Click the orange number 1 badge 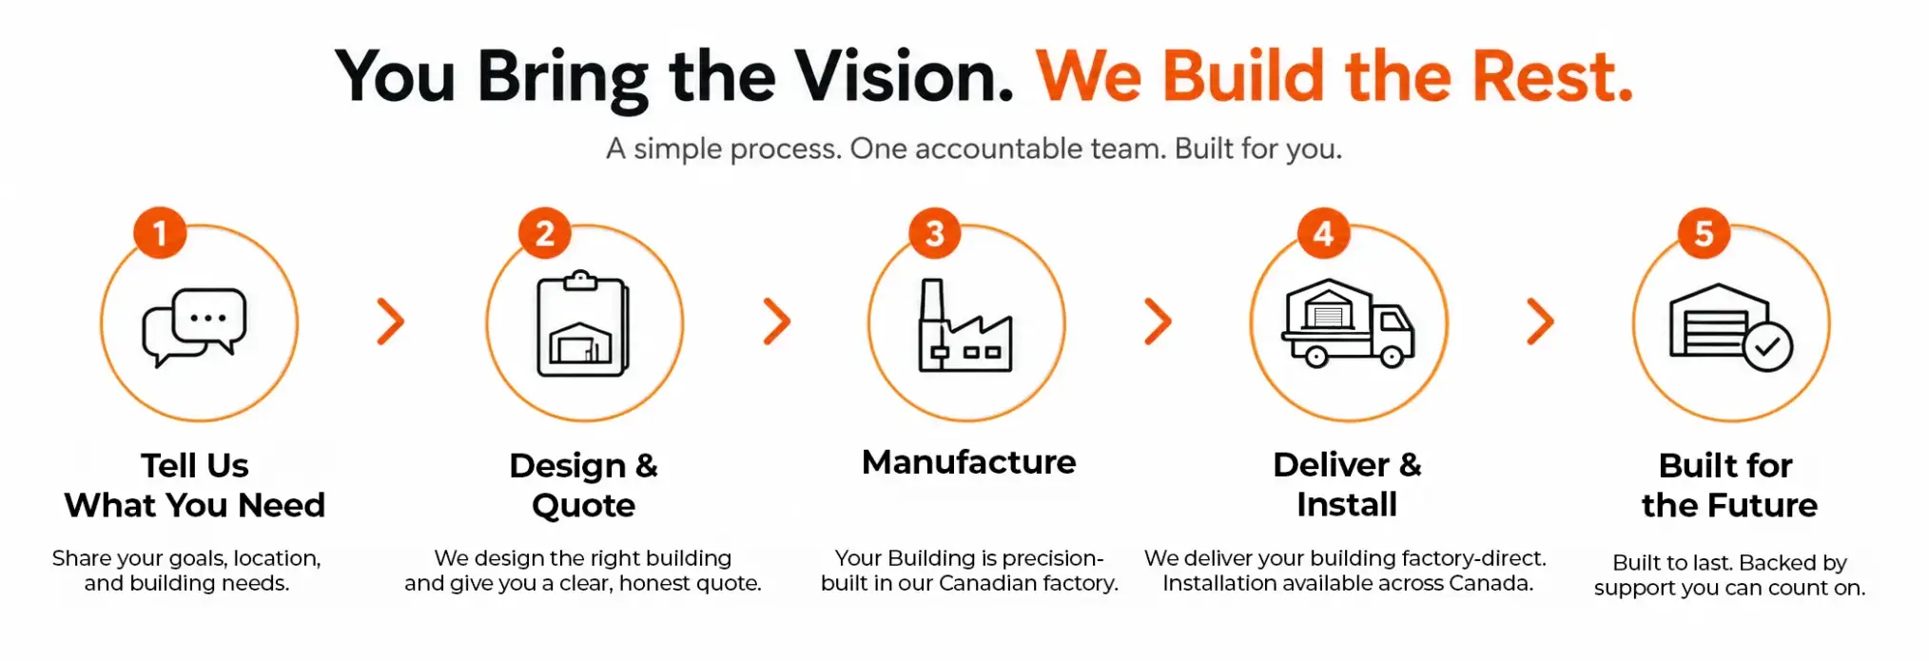pyautogui.click(x=160, y=233)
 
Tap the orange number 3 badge pyautogui.click(x=935, y=233)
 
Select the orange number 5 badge pyautogui.click(x=1704, y=233)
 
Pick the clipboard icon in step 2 pyautogui.click(x=583, y=324)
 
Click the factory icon pyautogui.click(x=964, y=325)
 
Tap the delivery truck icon pyautogui.click(x=1348, y=323)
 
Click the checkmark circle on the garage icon pyautogui.click(x=1767, y=348)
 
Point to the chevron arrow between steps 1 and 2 pyautogui.click(x=391, y=321)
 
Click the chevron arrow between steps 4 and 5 pyautogui.click(x=1540, y=321)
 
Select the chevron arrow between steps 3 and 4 pyautogui.click(x=1158, y=321)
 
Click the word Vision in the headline pyautogui.click(x=904, y=76)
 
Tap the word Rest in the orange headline pyautogui.click(x=1552, y=76)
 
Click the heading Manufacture pyautogui.click(x=968, y=462)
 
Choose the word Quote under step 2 pyautogui.click(x=583, y=506)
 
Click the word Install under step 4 pyautogui.click(x=1347, y=504)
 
